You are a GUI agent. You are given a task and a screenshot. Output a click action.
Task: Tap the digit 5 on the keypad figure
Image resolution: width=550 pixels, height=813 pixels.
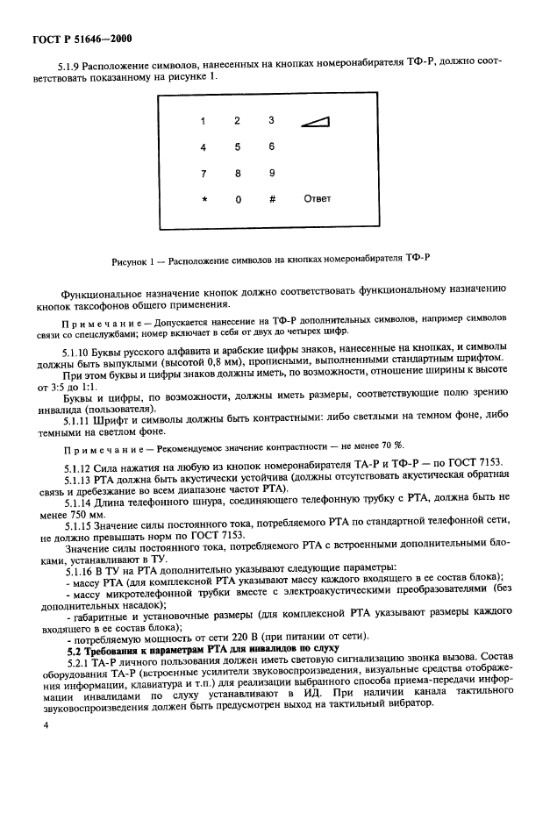coord(237,147)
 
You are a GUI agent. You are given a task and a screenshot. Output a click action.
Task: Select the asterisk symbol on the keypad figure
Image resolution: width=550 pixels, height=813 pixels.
coord(204,199)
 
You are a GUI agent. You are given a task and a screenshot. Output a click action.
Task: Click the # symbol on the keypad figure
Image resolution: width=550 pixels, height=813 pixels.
coord(272,199)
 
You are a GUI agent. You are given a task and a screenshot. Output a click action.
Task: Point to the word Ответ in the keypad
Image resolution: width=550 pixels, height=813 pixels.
coord(317,199)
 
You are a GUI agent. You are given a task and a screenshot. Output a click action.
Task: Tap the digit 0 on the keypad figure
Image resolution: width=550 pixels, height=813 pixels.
coord(237,199)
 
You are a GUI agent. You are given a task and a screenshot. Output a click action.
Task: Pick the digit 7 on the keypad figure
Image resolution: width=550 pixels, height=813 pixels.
coord(204,174)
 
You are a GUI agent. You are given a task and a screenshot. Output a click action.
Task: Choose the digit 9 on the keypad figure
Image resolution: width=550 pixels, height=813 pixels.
coord(272,174)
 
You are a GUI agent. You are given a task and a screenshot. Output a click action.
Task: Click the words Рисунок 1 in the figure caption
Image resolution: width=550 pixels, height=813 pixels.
coord(135,260)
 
